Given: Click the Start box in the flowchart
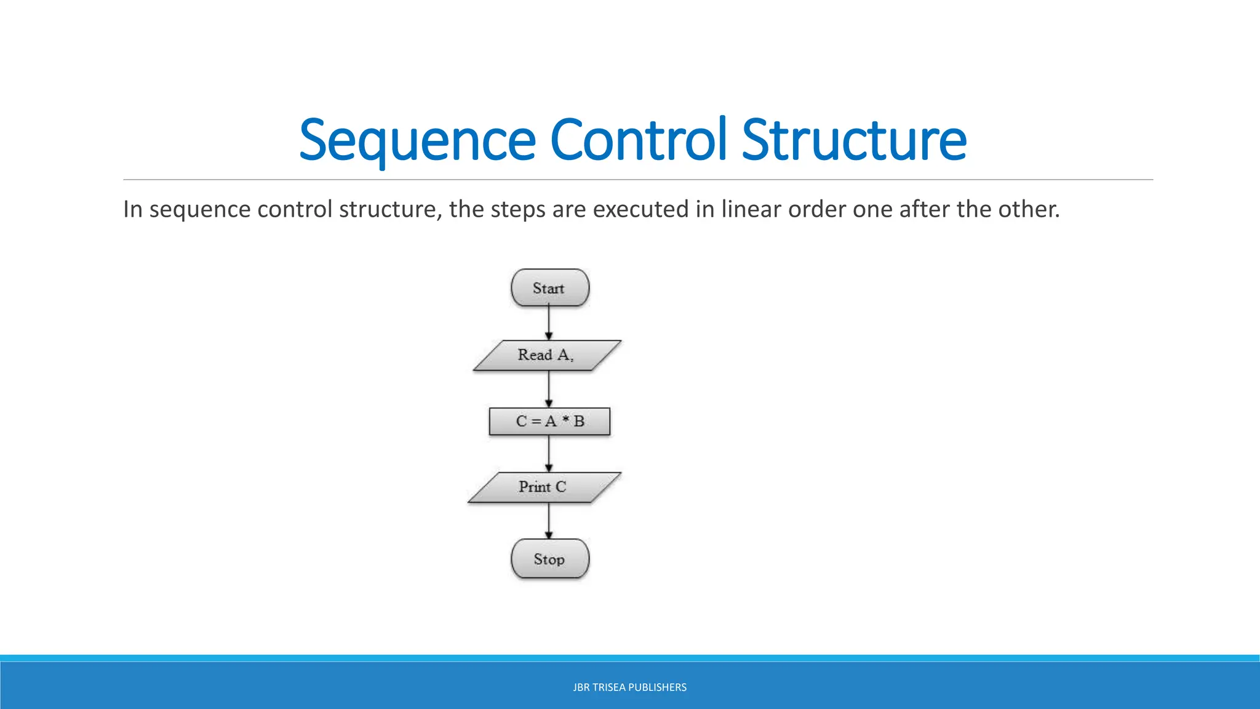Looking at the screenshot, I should tap(549, 287).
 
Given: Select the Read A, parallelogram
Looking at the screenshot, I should tap(546, 355).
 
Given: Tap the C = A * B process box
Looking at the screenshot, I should tap(549, 422).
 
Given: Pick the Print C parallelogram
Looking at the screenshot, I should tap(544, 487).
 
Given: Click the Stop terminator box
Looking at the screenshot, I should tap(549, 559).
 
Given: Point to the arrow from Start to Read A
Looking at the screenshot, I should tap(549, 322).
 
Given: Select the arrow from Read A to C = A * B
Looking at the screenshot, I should tap(549, 388).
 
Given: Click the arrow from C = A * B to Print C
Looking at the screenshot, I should tap(549, 454).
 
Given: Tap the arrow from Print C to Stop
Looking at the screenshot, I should tap(549, 521).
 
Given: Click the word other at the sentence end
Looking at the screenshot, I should tap(1028, 209).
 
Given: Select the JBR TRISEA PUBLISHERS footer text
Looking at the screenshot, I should tap(629, 687).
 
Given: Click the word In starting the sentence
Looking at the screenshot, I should tap(132, 209).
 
